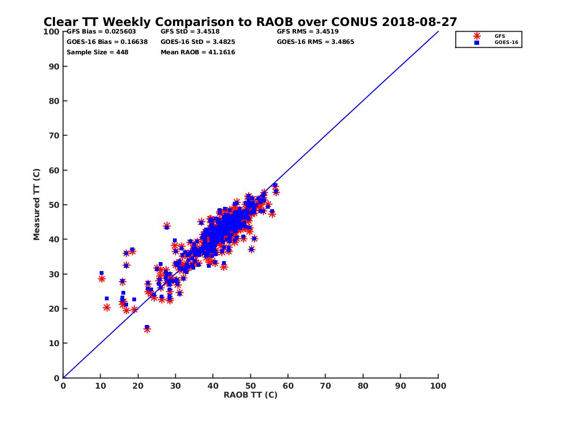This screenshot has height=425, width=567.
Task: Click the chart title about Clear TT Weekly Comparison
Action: click(x=250, y=22)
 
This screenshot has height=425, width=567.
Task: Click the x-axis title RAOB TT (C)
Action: click(x=250, y=395)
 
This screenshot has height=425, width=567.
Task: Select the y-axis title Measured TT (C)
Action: click(x=37, y=204)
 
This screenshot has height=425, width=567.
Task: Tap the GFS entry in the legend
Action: click(x=499, y=36)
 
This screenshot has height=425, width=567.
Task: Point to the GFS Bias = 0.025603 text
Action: click(x=101, y=32)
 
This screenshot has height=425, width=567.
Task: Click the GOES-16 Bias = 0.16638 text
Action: click(x=107, y=42)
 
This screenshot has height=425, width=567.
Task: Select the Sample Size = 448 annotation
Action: click(x=97, y=52)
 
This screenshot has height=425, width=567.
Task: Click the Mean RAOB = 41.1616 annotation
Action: click(x=198, y=52)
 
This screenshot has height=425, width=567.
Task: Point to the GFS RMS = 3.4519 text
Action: click(x=308, y=32)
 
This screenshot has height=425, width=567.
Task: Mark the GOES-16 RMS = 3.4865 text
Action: click(x=315, y=42)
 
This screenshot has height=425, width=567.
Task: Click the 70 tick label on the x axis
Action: click(x=326, y=385)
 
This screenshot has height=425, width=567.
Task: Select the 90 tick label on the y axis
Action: click(x=54, y=66)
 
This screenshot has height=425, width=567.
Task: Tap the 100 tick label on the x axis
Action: click(x=438, y=385)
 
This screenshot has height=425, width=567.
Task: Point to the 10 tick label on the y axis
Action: click(x=54, y=343)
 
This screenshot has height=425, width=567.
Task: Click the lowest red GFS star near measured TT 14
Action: click(x=147, y=329)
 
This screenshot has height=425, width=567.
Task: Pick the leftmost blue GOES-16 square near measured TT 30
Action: click(x=102, y=273)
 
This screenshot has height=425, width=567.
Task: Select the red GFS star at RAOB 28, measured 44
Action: click(x=166, y=226)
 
